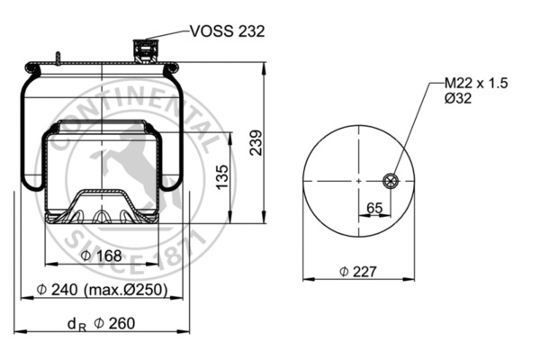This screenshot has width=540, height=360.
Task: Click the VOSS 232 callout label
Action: click(227, 31)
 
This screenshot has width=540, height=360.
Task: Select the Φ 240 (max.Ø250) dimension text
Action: click(104, 290)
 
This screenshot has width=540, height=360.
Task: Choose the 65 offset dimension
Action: click(374, 209)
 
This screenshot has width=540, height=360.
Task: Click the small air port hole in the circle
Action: click(391, 181)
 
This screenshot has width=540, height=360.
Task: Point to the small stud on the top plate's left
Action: click(57, 58)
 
